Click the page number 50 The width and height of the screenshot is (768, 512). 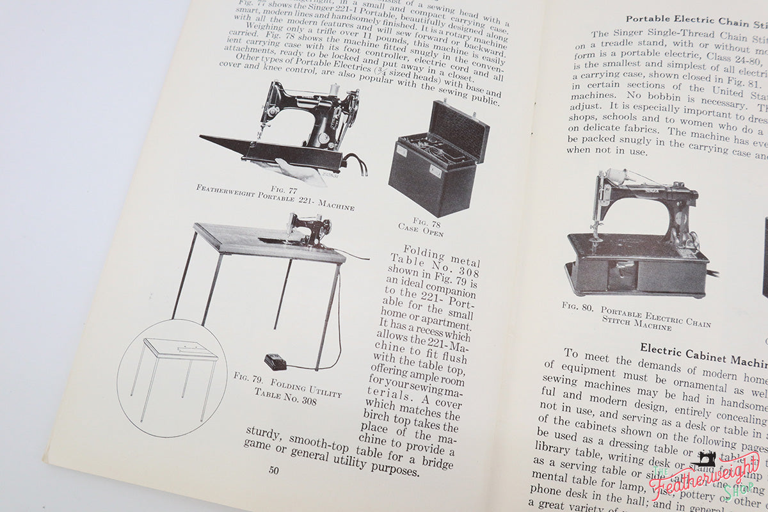tap(274, 471)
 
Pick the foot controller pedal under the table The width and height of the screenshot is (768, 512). tap(275, 362)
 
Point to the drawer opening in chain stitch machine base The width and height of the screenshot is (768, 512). tap(621, 272)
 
